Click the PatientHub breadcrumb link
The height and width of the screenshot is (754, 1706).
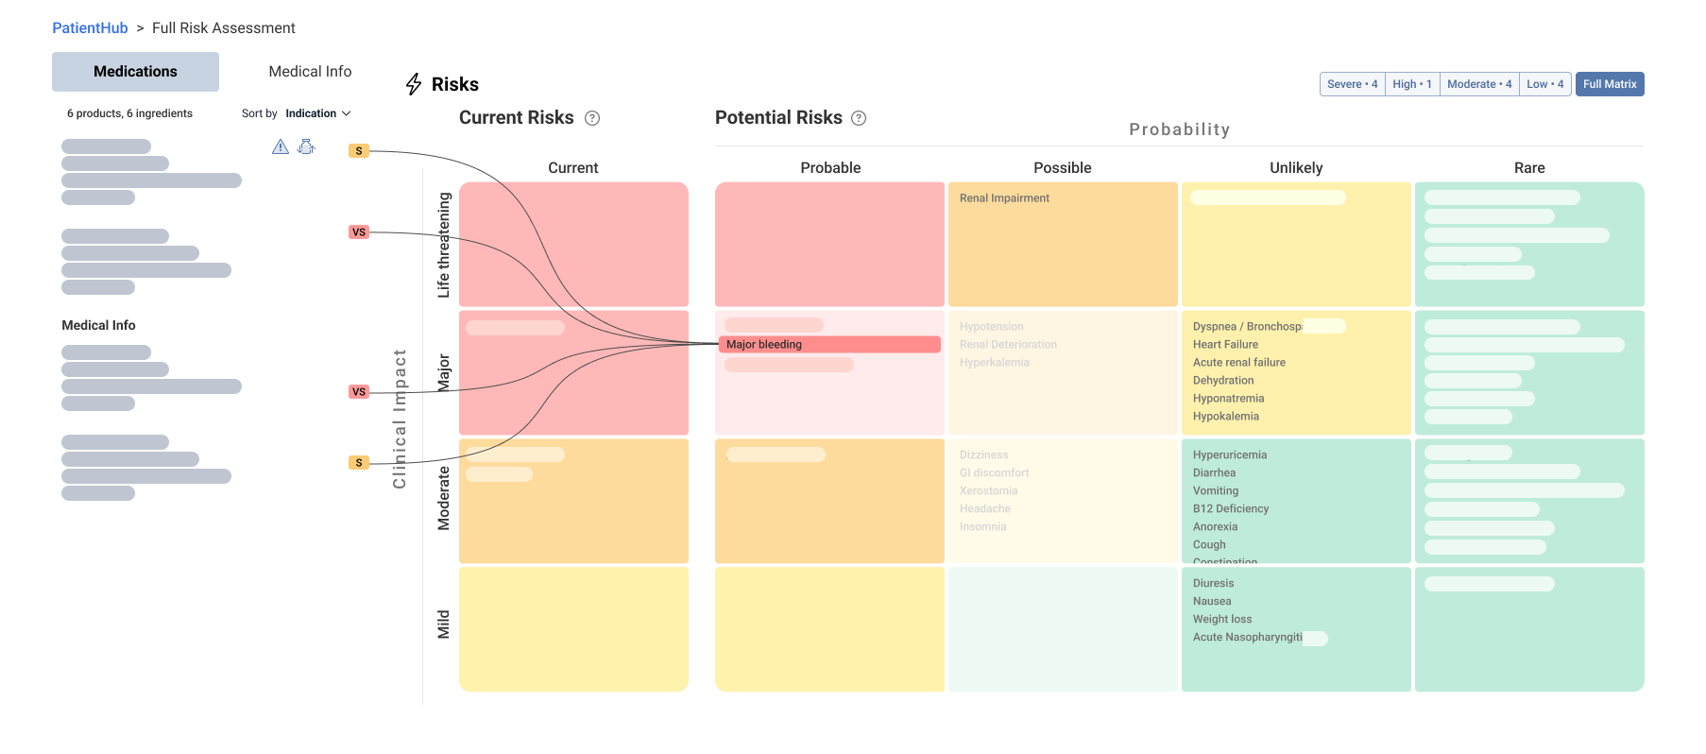(90, 28)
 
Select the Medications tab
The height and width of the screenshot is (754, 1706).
(135, 72)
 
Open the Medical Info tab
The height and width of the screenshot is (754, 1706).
(310, 72)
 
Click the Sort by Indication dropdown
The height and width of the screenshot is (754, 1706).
(317, 113)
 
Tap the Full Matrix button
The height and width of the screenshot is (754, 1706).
(1609, 84)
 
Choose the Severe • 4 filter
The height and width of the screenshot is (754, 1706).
(1352, 84)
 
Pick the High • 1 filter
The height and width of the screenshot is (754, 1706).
(1411, 84)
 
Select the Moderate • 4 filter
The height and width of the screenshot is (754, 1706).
(1478, 84)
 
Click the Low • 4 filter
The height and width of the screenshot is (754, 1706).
(1544, 84)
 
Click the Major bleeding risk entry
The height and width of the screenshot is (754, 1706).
(764, 345)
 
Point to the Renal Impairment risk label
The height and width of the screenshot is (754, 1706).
(1004, 198)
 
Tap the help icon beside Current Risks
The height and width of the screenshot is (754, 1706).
(592, 118)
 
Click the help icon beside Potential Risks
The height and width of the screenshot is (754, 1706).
(859, 118)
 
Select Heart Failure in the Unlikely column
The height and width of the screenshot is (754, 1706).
(1225, 345)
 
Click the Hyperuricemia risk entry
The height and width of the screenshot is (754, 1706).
(1229, 455)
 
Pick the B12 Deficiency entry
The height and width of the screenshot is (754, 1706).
(1230, 509)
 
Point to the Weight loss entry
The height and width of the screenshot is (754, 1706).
(1221, 620)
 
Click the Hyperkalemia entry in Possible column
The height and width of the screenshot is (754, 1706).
(994, 363)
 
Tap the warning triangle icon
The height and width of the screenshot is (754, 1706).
(281, 146)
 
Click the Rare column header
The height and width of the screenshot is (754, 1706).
(1528, 168)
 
